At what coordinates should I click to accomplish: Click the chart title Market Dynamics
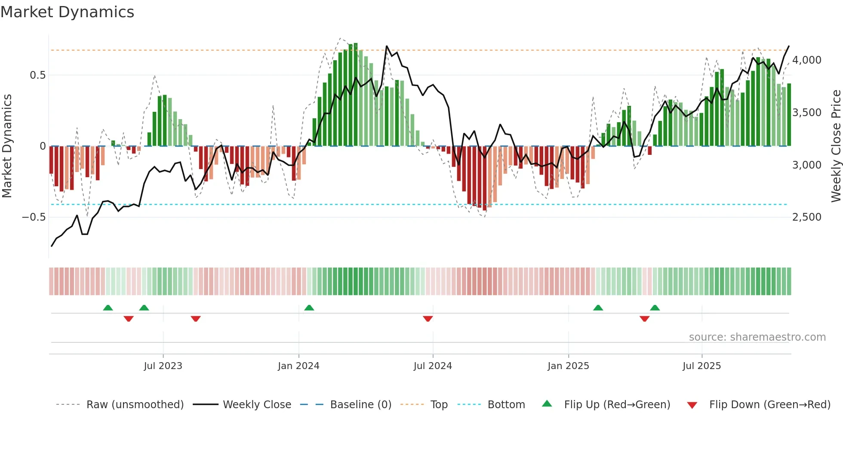[67, 12]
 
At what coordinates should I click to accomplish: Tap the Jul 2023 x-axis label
[163, 366]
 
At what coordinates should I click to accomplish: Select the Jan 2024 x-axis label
[298, 366]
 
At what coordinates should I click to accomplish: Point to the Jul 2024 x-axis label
[433, 366]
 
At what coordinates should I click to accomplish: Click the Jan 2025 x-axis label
[568, 366]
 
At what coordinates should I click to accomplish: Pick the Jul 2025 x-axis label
[701, 366]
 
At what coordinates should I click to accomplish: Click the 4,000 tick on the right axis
[806, 60]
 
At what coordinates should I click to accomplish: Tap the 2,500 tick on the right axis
[806, 217]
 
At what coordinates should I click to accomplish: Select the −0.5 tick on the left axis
[34, 217]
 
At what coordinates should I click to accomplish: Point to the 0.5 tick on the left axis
[37, 75]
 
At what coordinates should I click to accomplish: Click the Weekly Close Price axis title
[836, 146]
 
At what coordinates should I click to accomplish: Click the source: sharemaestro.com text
[757, 337]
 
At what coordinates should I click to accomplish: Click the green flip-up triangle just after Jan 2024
[309, 308]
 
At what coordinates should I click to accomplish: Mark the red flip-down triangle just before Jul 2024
[428, 319]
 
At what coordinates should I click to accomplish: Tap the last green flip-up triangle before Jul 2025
[655, 308]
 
